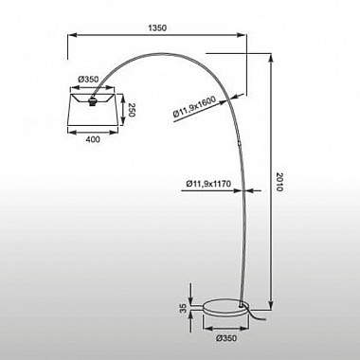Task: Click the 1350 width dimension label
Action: [x=157, y=27]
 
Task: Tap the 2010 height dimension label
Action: [x=279, y=182]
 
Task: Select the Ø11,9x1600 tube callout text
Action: [x=194, y=108]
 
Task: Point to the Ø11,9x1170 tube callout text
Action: [x=208, y=184]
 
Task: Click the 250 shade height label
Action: [x=132, y=110]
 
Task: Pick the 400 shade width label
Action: [x=93, y=139]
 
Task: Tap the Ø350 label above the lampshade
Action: [x=88, y=79]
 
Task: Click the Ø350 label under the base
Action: [x=225, y=338]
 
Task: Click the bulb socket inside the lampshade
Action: [x=93, y=102]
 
